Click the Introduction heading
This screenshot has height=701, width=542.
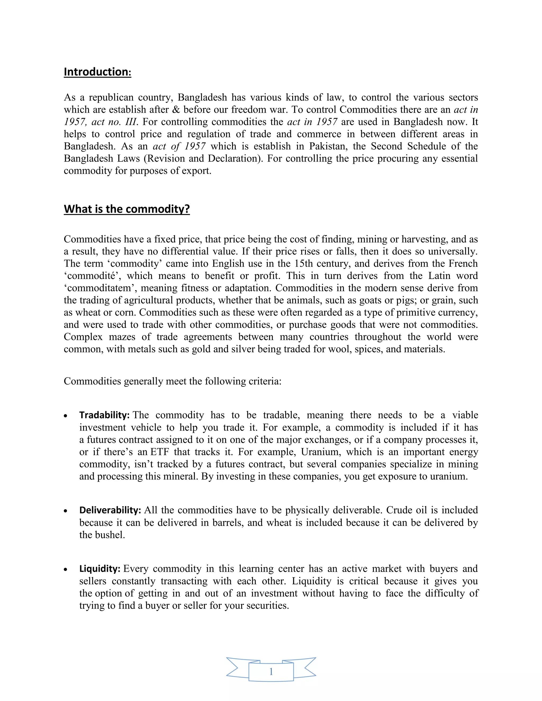[x=97, y=72]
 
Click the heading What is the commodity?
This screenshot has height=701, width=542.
[x=127, y=209]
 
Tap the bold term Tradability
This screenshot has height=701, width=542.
[x=104, y=415]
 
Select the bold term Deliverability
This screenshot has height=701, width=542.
[x=110, y=510]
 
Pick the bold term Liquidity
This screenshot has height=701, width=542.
[x=100, y=568]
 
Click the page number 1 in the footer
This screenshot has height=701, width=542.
[x=271, y=671]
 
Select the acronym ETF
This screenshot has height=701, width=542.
[x=160, y=452]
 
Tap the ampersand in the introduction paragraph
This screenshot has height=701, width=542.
[x=176, y=110]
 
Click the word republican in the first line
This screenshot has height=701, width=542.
[x=110, y=97]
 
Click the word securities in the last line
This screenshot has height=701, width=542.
[x=265, y=605]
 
